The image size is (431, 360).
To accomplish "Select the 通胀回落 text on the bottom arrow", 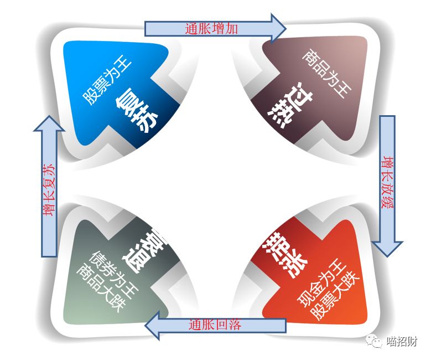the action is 215,325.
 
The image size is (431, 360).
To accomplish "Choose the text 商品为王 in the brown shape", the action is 327,75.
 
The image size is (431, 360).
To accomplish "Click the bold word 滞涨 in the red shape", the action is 280,249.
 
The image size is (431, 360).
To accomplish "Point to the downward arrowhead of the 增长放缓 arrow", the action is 387,248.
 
